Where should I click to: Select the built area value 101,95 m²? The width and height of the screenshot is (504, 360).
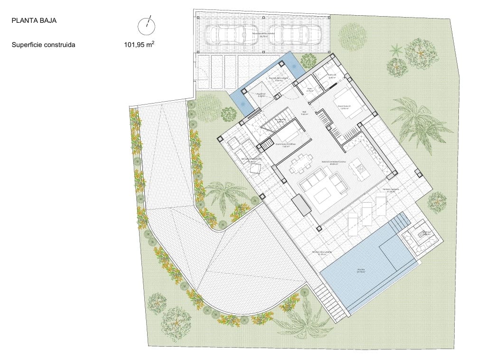pos(139,46)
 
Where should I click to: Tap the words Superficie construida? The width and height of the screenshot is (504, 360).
pos(44,46)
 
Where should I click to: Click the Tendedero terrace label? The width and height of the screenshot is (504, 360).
pos(252,159)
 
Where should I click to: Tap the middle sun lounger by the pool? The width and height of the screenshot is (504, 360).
pos(367,213)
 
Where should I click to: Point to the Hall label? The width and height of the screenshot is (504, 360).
pos(304,113)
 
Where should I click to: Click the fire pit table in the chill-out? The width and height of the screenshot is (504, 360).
pos(420,234)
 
